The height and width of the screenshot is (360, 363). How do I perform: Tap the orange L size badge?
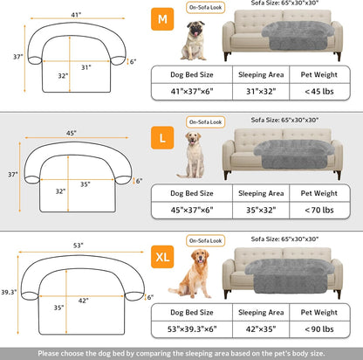click(162, 137)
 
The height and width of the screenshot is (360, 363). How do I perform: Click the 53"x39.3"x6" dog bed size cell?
click(191, 330)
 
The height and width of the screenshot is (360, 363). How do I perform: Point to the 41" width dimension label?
click(76, 15)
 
